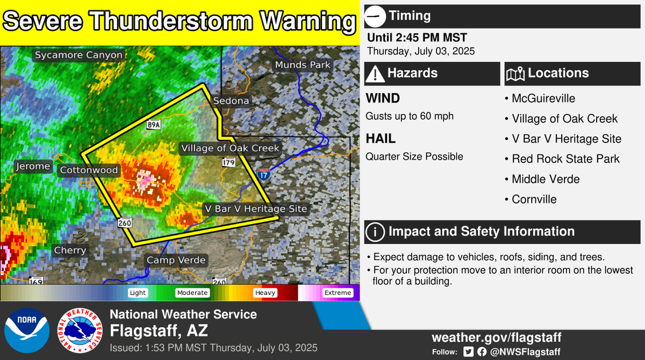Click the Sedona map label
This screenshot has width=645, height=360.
tap(231, 101)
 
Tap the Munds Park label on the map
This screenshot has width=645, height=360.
tap(303, 65)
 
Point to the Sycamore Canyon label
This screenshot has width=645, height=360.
tap(79, 55)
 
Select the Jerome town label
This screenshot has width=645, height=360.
tap(33, 167)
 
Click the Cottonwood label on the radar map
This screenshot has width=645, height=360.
tap(89, 170)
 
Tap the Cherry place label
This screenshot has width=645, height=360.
tap(70, 250)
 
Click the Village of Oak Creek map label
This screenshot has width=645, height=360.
tap(230, 148)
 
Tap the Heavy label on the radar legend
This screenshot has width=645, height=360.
tap(266, 293)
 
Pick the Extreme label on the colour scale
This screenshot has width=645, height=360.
tap(338, 293)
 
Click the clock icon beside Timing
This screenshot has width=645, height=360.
tap(375, 16)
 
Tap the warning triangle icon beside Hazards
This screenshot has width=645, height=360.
tap(375, 74)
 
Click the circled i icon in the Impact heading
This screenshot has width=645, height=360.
tap(375, 232)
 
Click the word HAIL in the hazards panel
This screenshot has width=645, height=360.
tap(381, 139)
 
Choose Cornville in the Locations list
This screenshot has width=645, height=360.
tap(534, 199)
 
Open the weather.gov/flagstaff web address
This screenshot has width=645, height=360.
tap(497, 337)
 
